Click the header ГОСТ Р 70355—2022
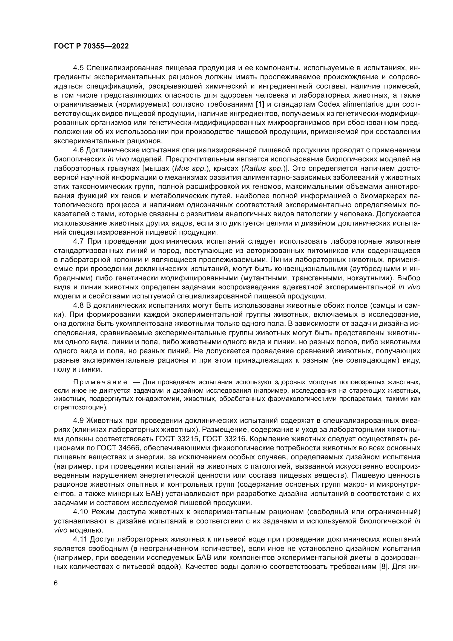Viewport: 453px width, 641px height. [91, 46]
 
